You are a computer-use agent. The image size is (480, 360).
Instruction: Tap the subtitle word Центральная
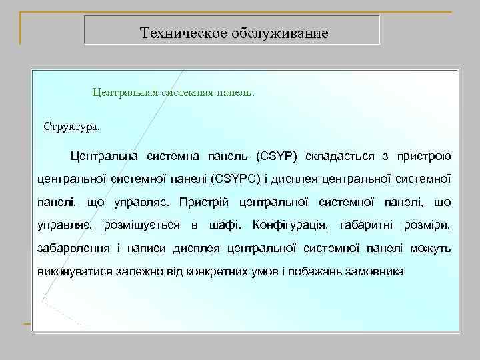click(125, 92)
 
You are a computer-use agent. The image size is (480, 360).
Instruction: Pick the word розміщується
click(141, 225)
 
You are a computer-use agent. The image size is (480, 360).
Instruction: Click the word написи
click(146, 248)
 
